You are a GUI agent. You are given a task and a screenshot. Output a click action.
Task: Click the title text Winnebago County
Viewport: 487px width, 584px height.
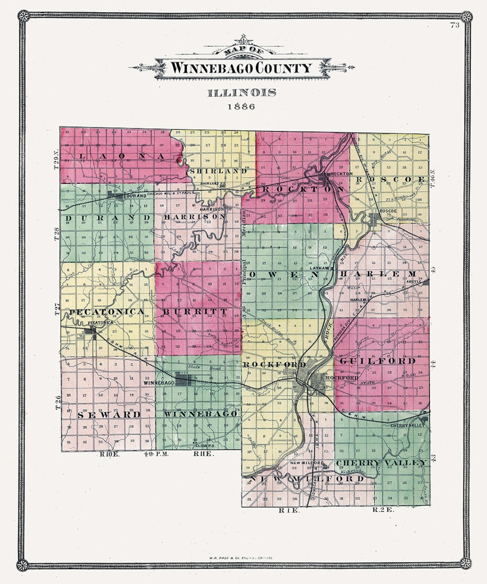click(241, 68)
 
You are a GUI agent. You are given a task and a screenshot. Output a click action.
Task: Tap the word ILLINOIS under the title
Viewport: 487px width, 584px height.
click(242, 93)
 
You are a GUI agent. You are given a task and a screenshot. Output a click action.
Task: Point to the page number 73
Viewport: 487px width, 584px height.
click(454, 25)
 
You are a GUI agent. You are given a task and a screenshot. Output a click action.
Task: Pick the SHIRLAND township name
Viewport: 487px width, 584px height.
click(218, 171)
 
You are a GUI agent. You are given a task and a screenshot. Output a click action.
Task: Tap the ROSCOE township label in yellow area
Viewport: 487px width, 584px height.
click(390, 179)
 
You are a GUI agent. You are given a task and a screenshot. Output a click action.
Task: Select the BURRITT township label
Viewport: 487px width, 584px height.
click(195, 312)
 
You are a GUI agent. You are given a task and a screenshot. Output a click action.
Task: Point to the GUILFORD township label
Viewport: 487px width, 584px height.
click(377, 361)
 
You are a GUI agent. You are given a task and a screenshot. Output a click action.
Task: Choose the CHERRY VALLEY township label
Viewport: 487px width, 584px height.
click(381, 463)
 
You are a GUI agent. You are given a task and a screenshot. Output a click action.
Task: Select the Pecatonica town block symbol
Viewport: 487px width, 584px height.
click(91, 332)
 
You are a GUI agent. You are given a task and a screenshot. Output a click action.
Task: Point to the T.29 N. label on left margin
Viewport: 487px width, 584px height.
click(56, 160)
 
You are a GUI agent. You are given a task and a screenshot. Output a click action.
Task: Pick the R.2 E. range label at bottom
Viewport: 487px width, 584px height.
click(381, 511)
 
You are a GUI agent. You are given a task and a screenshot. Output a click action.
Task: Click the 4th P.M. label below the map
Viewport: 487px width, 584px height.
click(156, 454)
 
